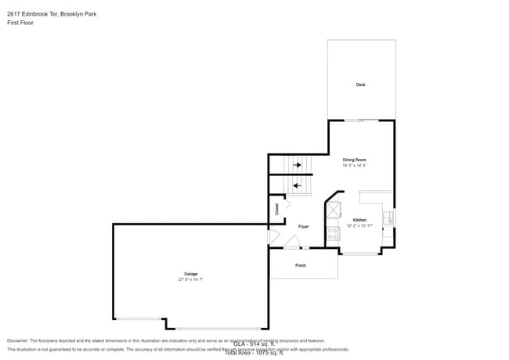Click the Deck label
(360, 85)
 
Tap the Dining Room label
(354, 160)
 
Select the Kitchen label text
(359, 220)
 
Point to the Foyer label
(303, 226)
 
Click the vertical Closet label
(276, 209)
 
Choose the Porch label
(300, 265)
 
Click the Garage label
(190, 274)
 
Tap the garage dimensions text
(190, 279)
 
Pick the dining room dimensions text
(354, 165)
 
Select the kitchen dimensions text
(359, 225)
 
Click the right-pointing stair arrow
(297, 165)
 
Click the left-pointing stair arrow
(297, 185)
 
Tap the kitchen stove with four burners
(334, 232)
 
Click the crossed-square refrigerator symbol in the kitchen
(334, 210)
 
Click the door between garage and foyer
(272, 236)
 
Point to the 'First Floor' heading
(20, 23)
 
